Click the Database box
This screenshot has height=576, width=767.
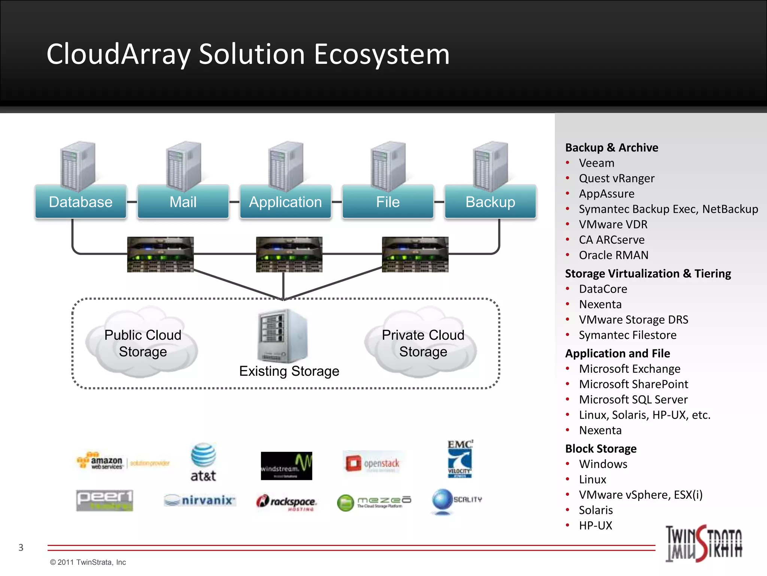(81, 202)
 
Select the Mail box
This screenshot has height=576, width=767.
(183, 202)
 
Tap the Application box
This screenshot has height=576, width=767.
(285, 202)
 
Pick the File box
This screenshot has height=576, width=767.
(388, 202)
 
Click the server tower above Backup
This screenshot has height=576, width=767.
(490, 166)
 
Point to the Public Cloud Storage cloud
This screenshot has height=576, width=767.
(142, 343)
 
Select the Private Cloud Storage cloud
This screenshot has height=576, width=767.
(422, 343)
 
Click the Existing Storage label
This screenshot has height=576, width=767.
(289, 371)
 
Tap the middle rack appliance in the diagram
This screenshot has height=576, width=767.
(289, 254)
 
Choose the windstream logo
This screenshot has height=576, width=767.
(286, 466)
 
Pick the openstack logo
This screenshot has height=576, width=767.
(373, 463)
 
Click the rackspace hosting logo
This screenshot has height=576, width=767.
(287, 502)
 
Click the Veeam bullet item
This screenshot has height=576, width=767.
(596, 163)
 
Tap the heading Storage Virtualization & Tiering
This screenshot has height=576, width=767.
(648, 273)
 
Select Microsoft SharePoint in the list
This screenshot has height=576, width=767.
(633, 384)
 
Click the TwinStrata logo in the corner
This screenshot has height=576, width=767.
(703, 543)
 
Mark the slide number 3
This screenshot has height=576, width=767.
(21, 547)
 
